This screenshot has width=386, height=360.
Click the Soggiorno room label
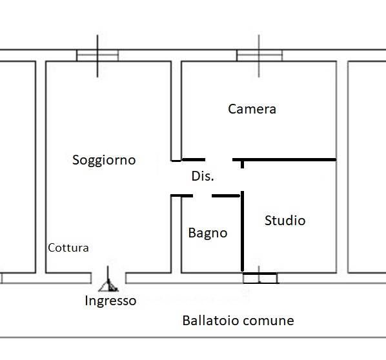click(x=104, y=161)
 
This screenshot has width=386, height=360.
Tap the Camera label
click(x=252, y=109)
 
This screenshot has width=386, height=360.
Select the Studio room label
click(x=285, y=221)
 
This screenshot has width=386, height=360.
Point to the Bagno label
click(x=208, y=234)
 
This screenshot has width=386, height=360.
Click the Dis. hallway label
click(x=203, y=176)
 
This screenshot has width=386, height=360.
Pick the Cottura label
click(x=68, y=248)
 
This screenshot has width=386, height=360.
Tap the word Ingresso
click(x=110, y=301)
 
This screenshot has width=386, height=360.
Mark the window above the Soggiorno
click(x=97, y=55)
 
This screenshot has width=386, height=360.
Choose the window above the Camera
click(x=259, y=55)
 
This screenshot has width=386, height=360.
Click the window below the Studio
click(x=260, y=278)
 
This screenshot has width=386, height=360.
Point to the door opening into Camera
click(x=219, y=160)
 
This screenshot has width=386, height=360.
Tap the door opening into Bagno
click(x=202, y=196)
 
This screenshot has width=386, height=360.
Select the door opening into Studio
click(x=242, y=180)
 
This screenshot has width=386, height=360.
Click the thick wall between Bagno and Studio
click(x=242, y=232)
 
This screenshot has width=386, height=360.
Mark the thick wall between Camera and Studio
click(x=284, y=160)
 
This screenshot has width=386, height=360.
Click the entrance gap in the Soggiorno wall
click(x=108, y=278)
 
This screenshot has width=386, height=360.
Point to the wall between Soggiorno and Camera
click(x=176, y=111)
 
